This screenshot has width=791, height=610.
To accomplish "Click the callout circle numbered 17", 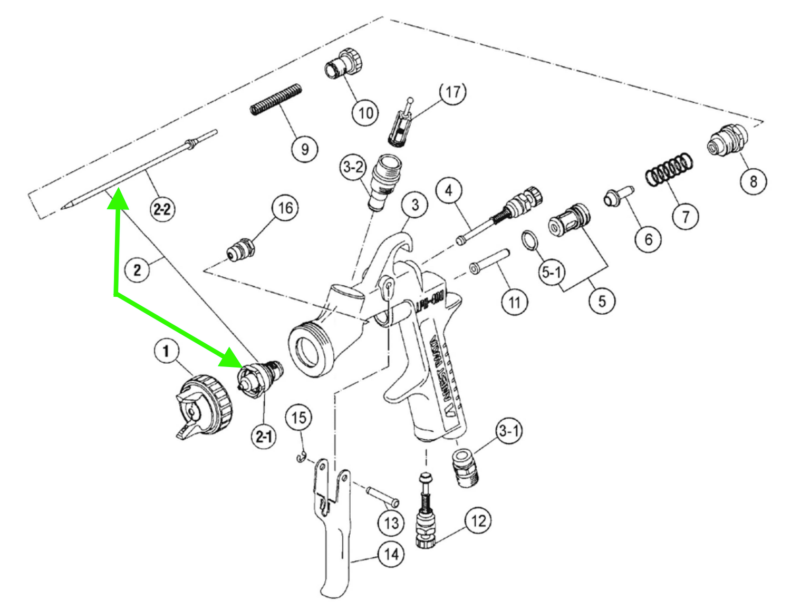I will point(452,92).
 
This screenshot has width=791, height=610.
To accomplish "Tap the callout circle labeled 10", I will point(365,112).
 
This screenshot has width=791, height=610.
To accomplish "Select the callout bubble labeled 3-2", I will point(353,167).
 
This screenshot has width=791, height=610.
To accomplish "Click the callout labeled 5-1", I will point(552,272).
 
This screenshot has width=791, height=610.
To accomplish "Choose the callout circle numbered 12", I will point(478,520).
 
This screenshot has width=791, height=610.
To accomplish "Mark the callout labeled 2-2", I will point(162,209).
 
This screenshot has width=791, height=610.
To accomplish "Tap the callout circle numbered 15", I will point(298,418).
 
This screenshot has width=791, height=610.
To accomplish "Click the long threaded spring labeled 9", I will point(276,99).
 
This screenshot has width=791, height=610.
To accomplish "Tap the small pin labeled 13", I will point(381,496).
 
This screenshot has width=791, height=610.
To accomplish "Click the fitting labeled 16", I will point(242,248).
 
